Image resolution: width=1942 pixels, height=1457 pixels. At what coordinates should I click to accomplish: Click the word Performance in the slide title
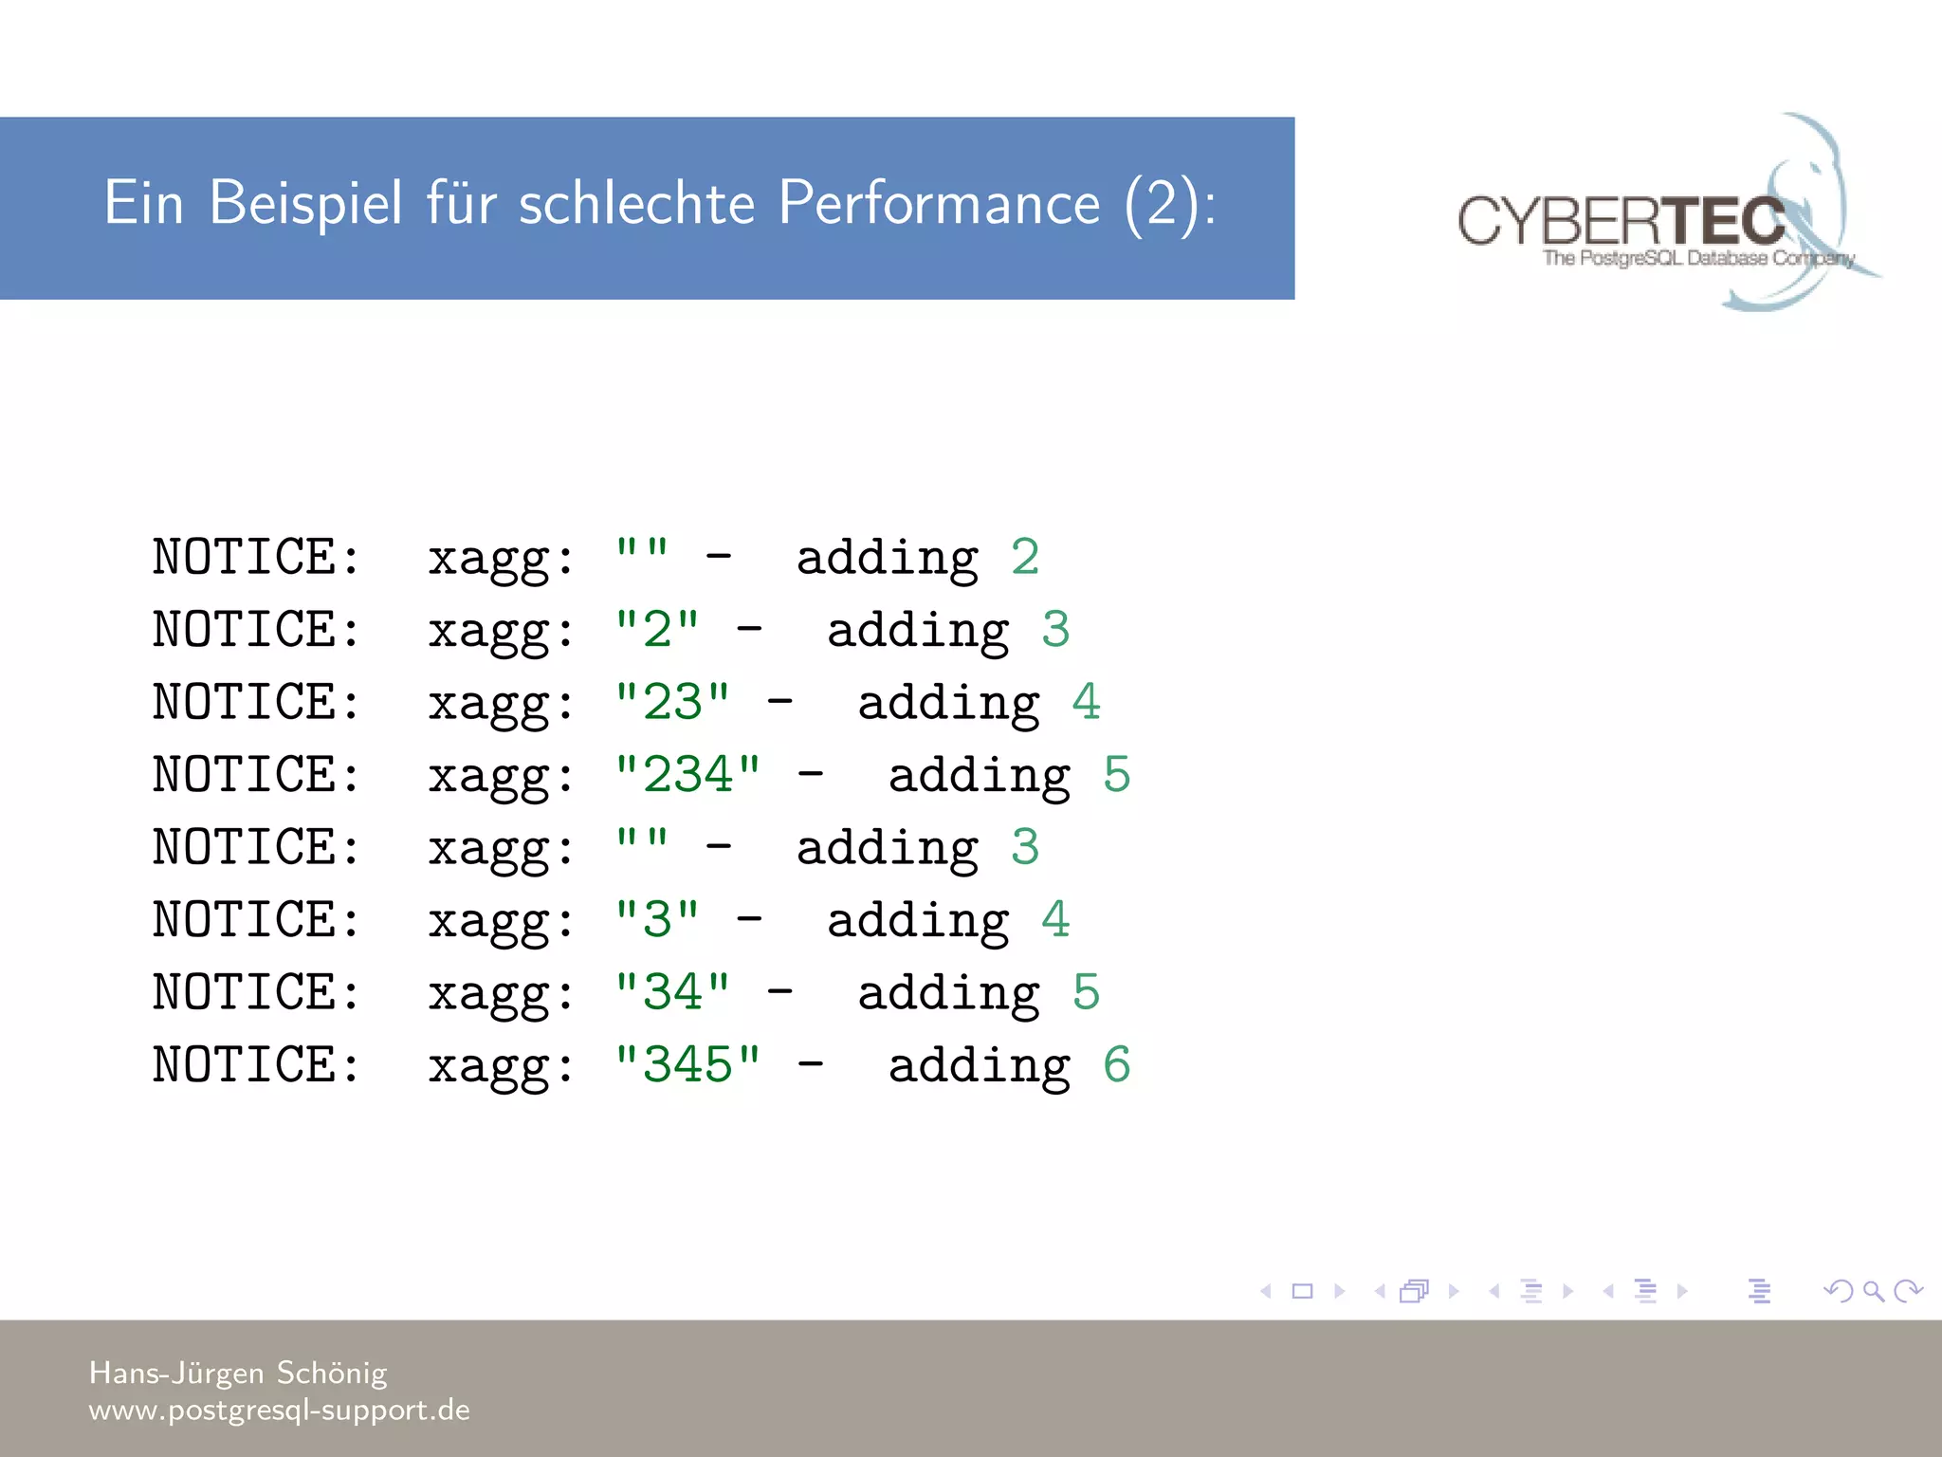[939, 204]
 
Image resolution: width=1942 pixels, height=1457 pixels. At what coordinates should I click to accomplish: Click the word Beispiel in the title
[305, 204]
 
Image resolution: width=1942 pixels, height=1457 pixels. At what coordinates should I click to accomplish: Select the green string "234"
[687, 775]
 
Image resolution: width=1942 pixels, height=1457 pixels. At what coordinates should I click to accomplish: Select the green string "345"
[687, 1065]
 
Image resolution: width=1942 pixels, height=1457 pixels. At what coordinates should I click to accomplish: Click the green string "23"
[672, 703]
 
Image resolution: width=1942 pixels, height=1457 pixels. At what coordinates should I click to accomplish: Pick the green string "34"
[672, 993]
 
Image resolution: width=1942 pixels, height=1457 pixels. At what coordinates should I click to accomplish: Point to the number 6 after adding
[1117, 1065]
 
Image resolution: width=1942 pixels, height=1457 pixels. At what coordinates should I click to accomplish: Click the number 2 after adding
[1025, 557]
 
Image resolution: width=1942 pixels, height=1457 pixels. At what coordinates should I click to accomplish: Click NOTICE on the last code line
[256, 1065]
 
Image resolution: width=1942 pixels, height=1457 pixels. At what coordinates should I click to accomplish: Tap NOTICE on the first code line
[256, 557]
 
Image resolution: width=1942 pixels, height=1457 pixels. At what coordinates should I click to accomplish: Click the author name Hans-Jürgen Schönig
[238, 1373]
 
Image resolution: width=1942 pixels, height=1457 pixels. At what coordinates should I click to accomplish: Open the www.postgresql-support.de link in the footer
[279, 1411]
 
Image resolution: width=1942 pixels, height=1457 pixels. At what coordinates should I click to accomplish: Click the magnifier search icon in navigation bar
[1873, 1291]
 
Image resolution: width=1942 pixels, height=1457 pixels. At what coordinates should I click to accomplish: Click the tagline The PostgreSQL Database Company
[1697, 258]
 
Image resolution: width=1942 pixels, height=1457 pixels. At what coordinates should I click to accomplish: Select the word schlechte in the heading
[636, 204]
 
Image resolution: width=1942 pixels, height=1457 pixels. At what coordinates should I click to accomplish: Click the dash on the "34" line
[780, 992]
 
